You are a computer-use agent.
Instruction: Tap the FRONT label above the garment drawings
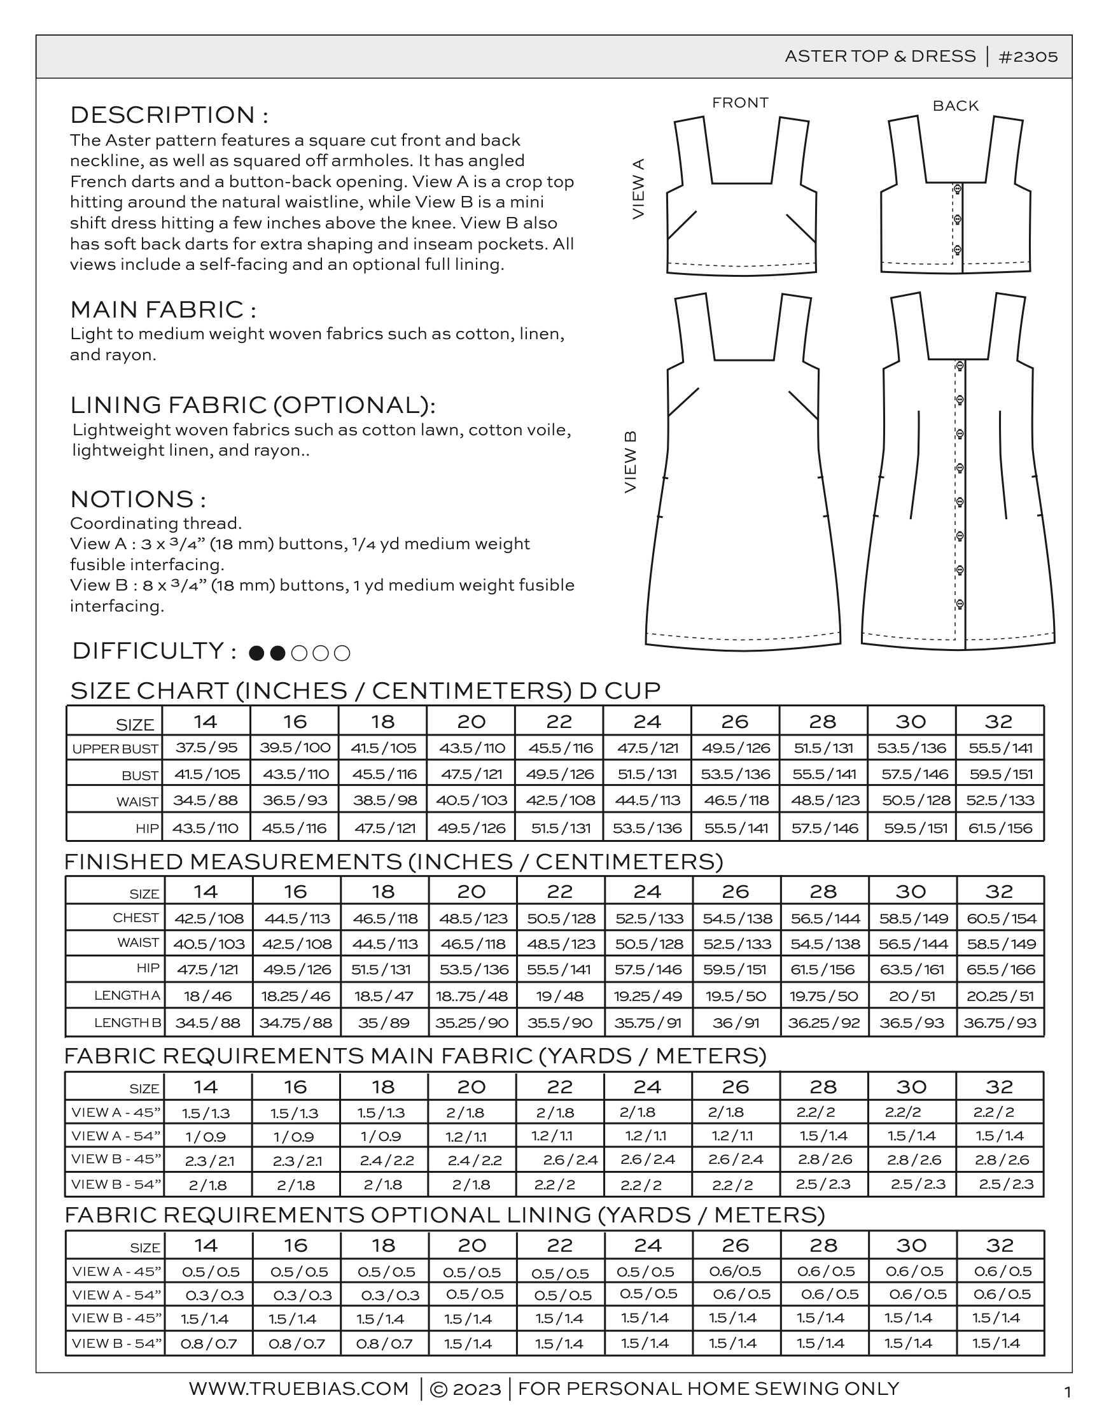740,102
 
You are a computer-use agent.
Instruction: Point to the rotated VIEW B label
631,461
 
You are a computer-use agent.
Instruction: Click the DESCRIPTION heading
169,115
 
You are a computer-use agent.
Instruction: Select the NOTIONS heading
138,499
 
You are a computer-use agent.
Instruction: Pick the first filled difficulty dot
256,653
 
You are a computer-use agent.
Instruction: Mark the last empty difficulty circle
342,653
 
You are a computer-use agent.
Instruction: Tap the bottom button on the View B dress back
960,603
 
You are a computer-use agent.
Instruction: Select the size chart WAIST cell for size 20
471,801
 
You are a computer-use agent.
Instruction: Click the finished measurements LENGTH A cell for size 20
472,997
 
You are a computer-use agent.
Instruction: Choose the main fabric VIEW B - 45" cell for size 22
570,1160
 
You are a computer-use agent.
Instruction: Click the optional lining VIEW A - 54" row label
116,1294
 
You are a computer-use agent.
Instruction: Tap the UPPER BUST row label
115,748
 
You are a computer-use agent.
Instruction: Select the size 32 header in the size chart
998,722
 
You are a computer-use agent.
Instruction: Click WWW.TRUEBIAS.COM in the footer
299,1388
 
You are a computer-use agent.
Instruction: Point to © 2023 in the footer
466,1389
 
